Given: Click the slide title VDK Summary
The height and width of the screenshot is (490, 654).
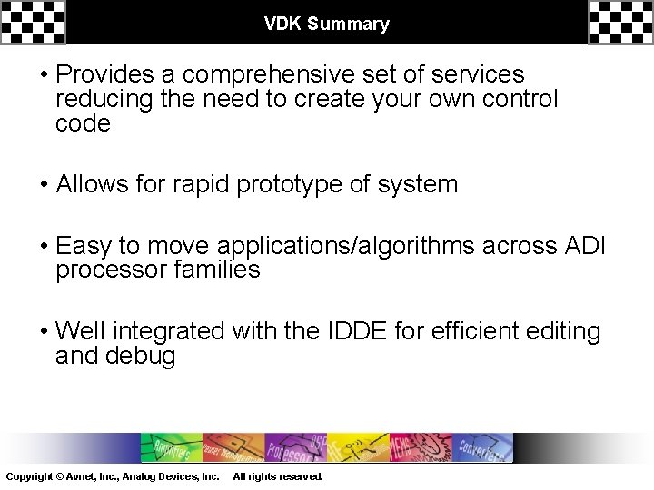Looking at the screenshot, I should click(326, 24).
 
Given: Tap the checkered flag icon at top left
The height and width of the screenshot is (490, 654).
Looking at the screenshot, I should click(33, 22).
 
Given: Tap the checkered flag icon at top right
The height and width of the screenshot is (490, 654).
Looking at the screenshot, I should click(620, 22).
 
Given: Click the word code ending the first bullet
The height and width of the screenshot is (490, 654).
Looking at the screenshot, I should click(83, 124).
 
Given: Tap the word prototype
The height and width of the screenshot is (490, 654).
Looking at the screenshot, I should click(291, 184).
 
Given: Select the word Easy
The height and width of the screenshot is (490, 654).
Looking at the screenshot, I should click(84, 245).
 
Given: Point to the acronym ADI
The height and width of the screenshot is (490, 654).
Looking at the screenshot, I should click(591, 245).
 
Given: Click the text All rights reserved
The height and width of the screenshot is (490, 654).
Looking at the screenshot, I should click(277, 476).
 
